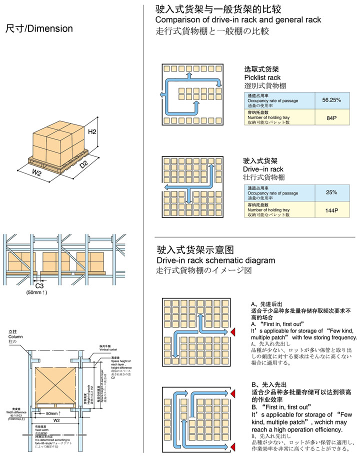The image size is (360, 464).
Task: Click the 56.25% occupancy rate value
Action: [x=331, y=100]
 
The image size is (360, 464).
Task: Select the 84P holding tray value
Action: [x=331, y=118]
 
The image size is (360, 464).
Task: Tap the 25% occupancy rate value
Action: [x=331, y=192]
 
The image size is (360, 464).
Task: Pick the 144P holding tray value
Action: [x=331, y=210]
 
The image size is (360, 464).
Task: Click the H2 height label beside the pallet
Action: [x=92, y=132]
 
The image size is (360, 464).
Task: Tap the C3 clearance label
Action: [x=40, y=285]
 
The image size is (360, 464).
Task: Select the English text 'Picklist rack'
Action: [x=262, y=77]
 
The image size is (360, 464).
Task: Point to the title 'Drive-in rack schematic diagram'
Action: [x=215, y=260]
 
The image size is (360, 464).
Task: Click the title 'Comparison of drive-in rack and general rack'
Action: [x=238, y=20]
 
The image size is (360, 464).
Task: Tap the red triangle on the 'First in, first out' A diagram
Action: [x=232, y=332]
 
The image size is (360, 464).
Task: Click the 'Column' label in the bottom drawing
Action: [x=16, y=336]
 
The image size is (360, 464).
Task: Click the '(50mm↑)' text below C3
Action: [x=37, y=292]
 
